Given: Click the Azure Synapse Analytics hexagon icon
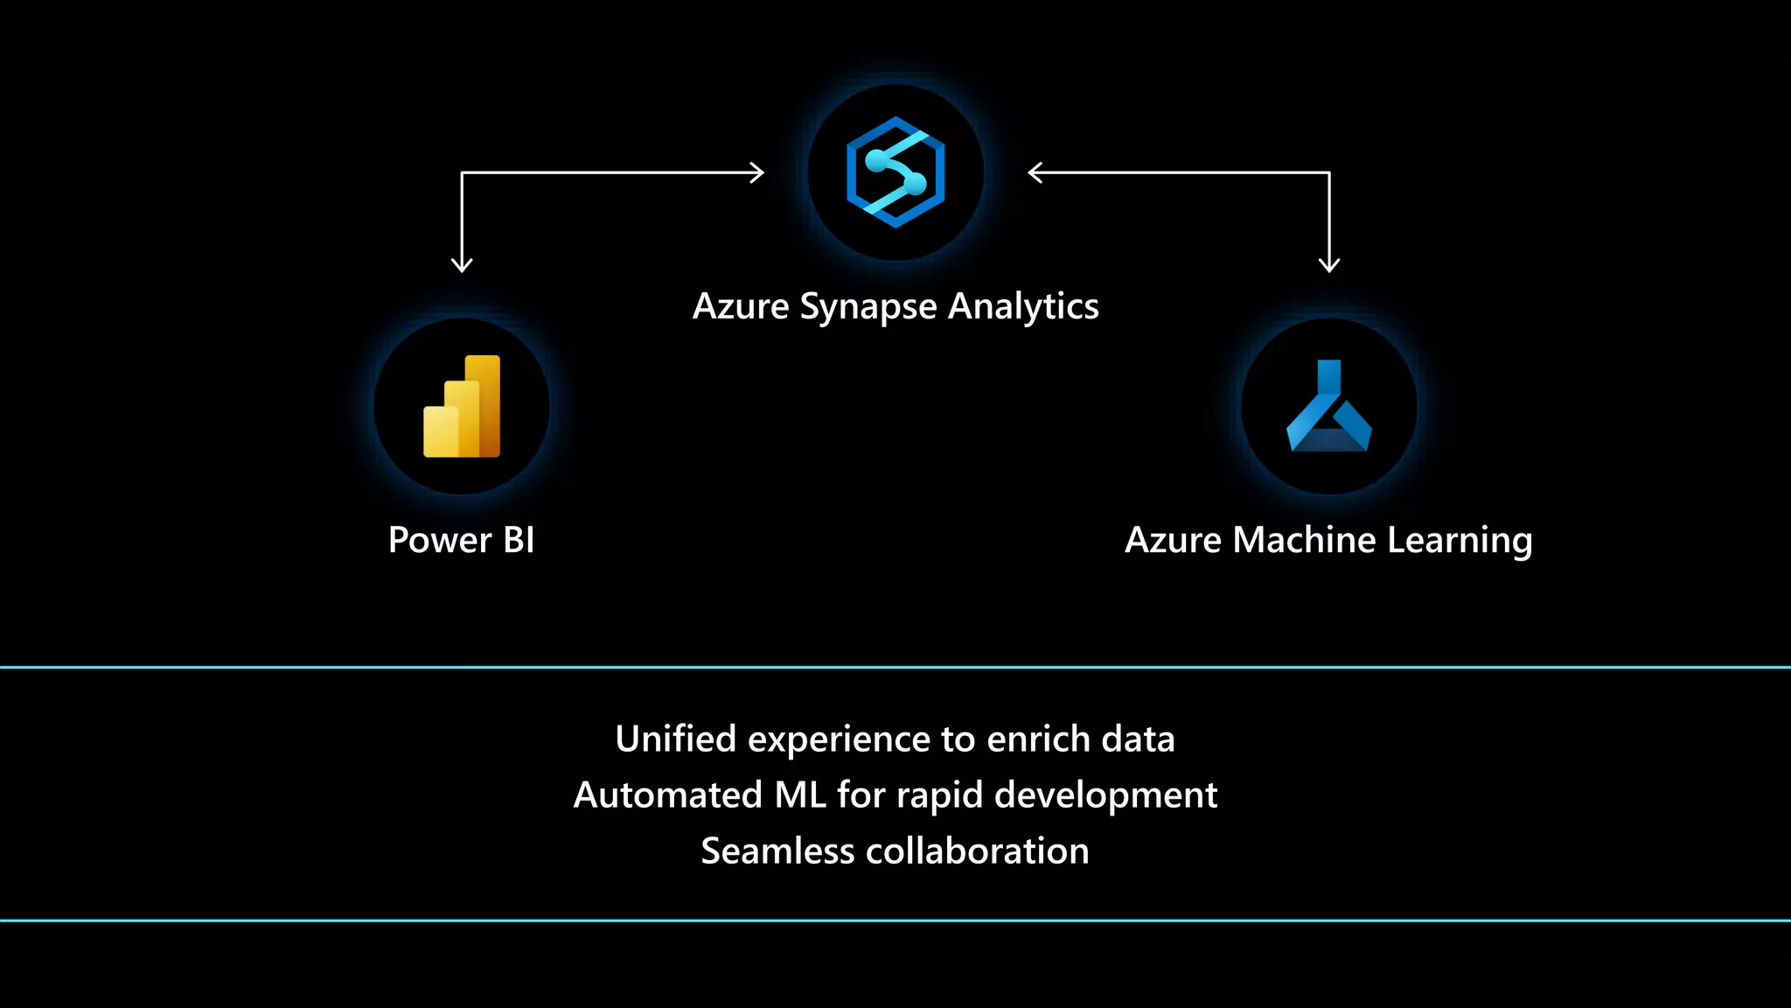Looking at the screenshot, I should point(895,172).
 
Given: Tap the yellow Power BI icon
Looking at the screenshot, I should point(462,406).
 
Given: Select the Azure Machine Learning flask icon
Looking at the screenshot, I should point(1328,406).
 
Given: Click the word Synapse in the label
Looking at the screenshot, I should point(868,307).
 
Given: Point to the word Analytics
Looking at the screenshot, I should point(1023,307).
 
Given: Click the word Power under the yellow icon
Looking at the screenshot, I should point(440,540).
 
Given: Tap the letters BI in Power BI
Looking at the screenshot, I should point(519,540).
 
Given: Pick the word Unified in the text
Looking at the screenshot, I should point(676,739).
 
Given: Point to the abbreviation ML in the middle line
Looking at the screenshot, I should point(800,795).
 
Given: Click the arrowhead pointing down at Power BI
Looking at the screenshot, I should point(462,264).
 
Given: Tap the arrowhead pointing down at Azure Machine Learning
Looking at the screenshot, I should point(1329,264).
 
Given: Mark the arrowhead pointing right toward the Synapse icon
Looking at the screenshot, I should point(756,173).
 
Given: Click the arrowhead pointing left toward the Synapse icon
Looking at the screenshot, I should point(1035,173).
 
